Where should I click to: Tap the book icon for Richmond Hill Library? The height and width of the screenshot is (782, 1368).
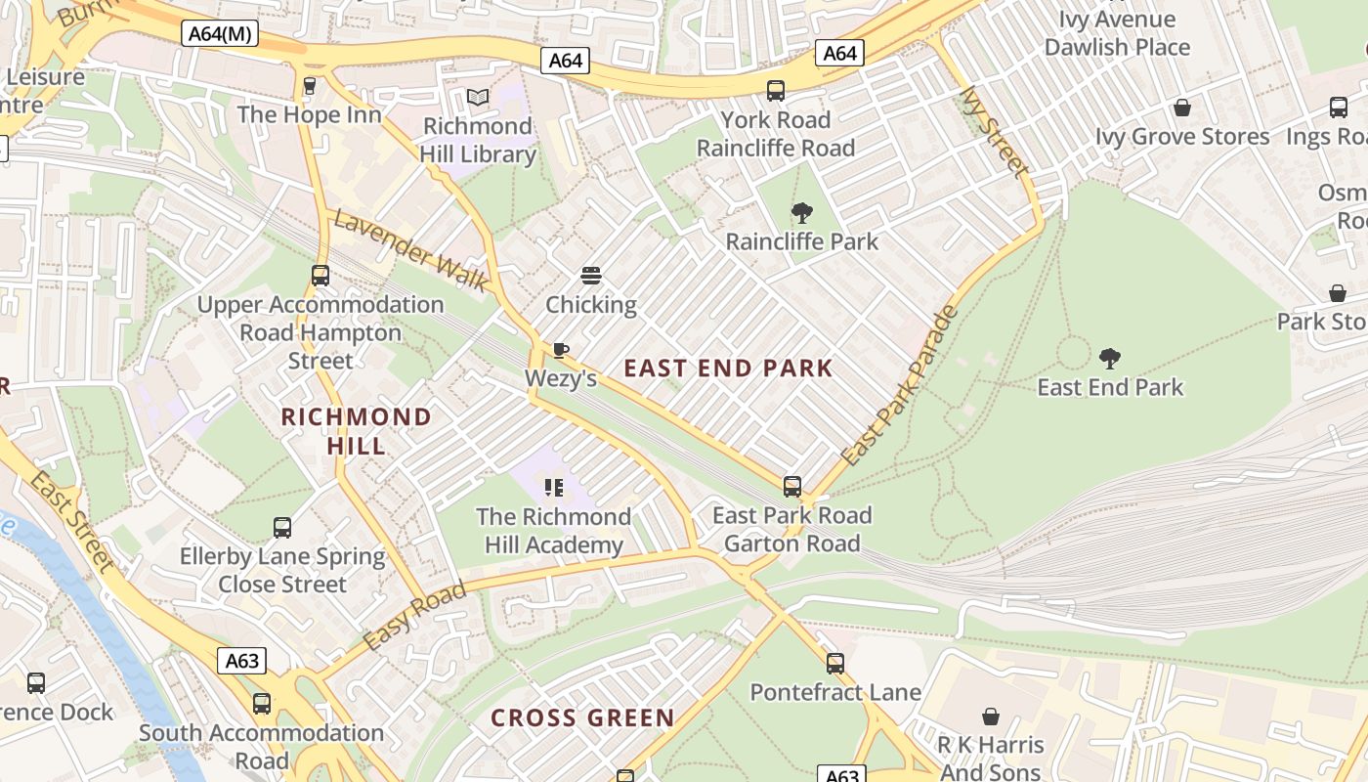click(x=477, y=97)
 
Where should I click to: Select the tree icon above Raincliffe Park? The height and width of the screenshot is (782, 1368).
click(x=801, y=212)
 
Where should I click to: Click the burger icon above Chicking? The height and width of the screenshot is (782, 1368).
click(x=591, y=276)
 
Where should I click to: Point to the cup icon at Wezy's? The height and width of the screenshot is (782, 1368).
click(x=561, y=349)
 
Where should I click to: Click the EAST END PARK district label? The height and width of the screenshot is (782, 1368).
click(x=728, y=369)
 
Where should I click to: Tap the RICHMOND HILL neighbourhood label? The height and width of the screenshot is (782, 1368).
click(x=356, y=431)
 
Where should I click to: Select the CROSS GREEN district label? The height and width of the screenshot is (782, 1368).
click(x=582, y=718)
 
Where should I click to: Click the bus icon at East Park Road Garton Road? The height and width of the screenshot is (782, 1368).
click(x=792, y=486)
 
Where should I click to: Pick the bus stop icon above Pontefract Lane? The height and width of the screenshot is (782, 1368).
click(x=835, y=664)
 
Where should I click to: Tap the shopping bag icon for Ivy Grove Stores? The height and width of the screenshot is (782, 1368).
click(x=1182, y=108)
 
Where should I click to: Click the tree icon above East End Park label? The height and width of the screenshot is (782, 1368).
click(x=1109, y=359)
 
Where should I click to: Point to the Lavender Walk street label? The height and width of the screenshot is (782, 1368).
click(x=410, y=250)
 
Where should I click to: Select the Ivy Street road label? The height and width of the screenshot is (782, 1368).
click(x=995, y=132)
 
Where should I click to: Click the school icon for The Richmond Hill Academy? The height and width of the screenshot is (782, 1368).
click(x=554, y=487)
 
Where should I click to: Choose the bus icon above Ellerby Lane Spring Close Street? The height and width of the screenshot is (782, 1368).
click(x=282, y=528)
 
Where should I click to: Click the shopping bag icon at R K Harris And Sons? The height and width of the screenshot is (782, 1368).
click(x=991, y=717)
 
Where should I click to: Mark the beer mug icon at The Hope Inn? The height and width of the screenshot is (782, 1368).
click(x=310, y=86)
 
